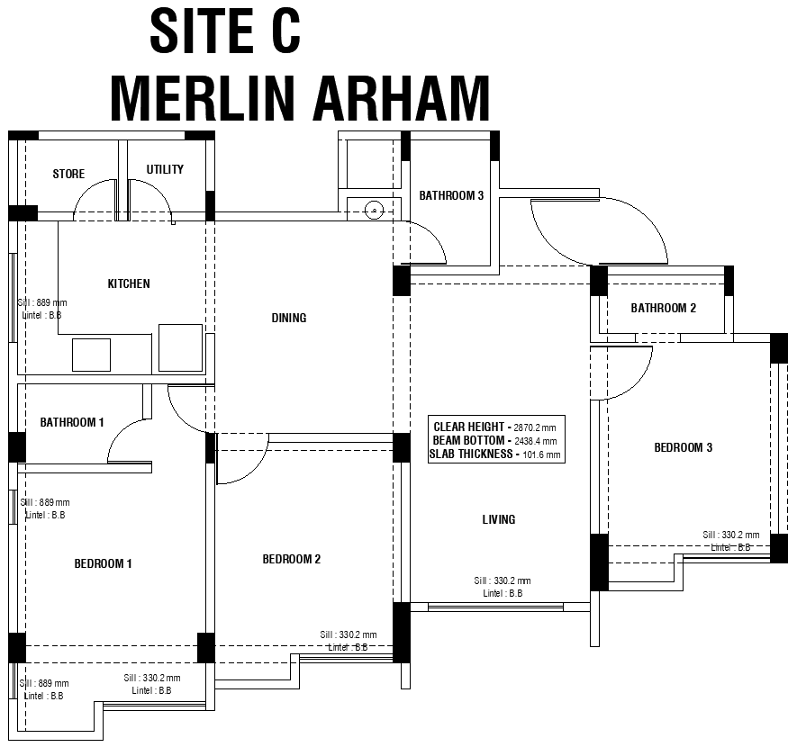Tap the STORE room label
(x=68, y=174)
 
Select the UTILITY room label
(x=165, y=169)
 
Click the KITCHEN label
(x=129, y=283)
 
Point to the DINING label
(x=289, y=318)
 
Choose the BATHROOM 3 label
(x=451, y=195)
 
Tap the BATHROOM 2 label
(x=663, y=308)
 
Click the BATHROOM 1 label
(x=72, y=422)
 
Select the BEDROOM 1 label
(x=103, y=563)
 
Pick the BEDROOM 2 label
(x=291, y=559)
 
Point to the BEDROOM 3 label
(x=683, y=447)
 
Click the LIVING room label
(x=498, y=519)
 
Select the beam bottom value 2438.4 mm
(x=536, y=441)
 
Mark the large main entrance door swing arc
(x=621, y=234)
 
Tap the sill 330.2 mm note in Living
(x=503, y=581)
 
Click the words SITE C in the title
(x=225, y=31)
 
